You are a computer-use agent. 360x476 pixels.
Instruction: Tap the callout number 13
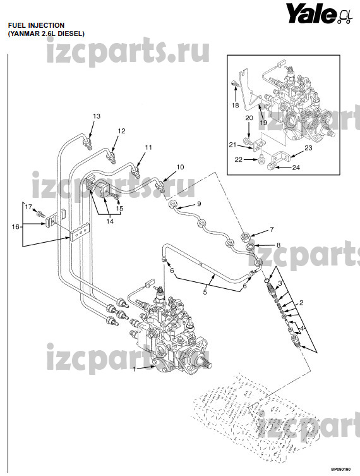(97, 116)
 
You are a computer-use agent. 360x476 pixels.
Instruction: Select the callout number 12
(121, 131)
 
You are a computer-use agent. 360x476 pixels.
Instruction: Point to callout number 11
(148, 147)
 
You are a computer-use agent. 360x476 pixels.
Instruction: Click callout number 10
(180, 167)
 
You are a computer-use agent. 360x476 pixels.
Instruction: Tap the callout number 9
(199, 204)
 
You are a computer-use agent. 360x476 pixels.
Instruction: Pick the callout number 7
(272, 229)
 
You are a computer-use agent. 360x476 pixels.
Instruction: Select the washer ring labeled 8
(251, 246)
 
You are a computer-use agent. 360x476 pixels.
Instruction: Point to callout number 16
(15, 226)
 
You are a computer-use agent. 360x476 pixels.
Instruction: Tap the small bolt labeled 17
(39, 214)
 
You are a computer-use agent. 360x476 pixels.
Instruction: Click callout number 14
(110, 221)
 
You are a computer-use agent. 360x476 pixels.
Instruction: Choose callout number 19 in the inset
(263, 123)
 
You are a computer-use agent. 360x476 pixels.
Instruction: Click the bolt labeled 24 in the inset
(272, 166)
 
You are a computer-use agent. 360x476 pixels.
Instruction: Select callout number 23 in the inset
(308, 148)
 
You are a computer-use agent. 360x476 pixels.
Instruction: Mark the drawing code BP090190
(340, 469)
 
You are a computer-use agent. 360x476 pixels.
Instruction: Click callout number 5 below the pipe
(205, 292)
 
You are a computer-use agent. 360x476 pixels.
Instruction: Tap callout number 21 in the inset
(232, 145)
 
